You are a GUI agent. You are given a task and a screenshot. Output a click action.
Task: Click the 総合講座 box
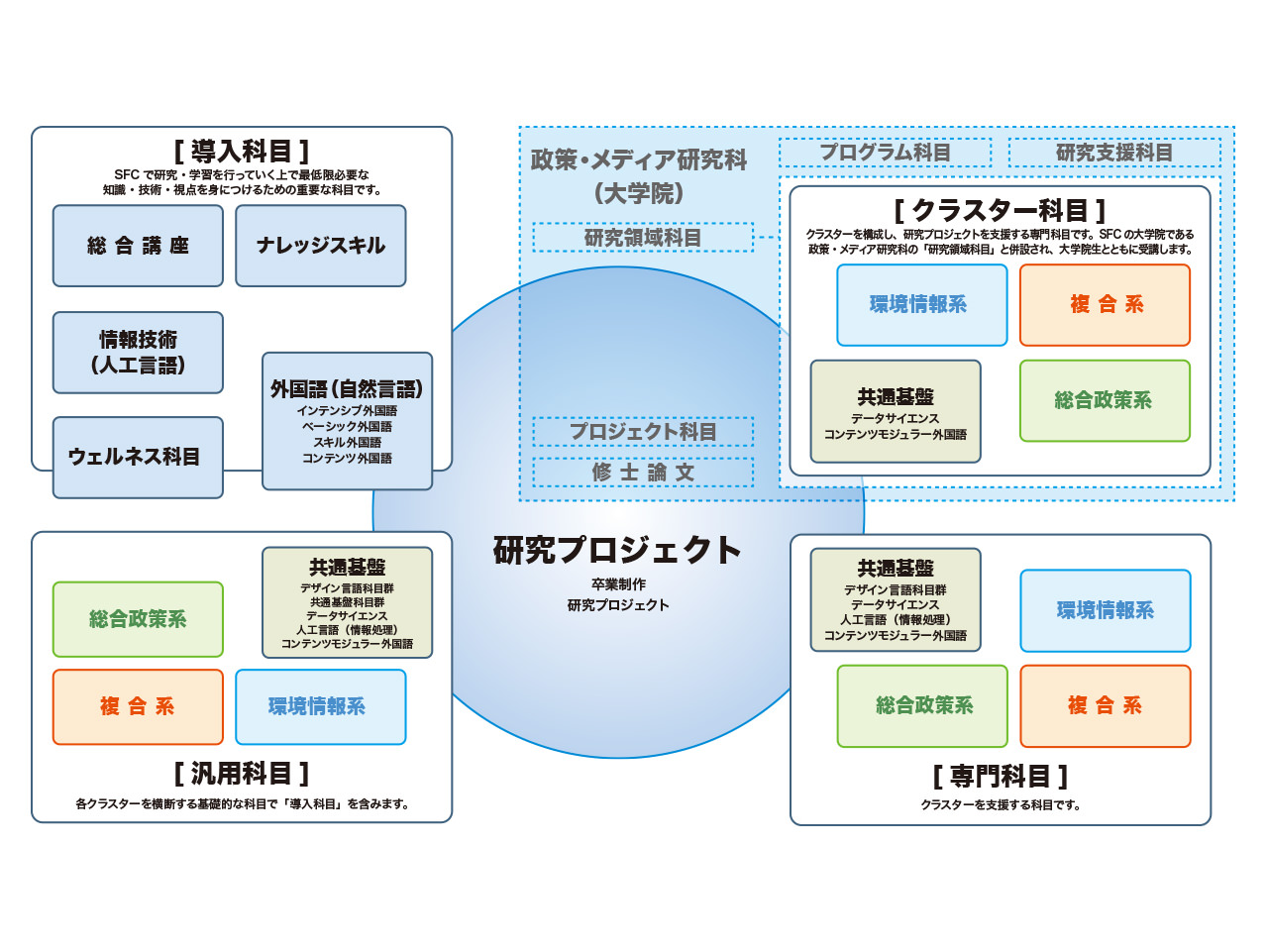click(138, 246)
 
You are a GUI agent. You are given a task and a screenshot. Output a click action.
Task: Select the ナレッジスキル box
click(321, 246)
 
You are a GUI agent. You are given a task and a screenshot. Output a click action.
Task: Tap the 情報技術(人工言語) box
click(138, 353)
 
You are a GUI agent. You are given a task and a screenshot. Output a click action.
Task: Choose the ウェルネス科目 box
click(138, 458)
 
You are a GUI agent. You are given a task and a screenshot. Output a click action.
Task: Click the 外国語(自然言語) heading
click(347, 388)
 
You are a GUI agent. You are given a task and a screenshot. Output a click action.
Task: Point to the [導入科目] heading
click(242, 152)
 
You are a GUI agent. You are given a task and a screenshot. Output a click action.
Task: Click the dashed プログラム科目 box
click(885, 153)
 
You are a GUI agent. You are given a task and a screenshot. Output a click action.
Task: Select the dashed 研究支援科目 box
click(1114, 153)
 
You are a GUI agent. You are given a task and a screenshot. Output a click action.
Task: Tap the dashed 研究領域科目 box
click(643, 238)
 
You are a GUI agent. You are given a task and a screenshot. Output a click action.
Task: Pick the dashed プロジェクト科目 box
click(643, 431)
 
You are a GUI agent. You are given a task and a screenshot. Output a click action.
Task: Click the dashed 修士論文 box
click(643, 473)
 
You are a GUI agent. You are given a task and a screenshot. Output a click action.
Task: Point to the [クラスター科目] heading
click(1000, 210)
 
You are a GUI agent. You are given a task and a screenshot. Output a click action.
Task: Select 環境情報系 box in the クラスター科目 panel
click(922, 305)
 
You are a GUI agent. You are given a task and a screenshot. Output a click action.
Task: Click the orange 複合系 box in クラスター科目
click(1106, 305)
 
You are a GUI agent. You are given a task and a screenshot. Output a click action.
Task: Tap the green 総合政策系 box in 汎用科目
click(138, 619)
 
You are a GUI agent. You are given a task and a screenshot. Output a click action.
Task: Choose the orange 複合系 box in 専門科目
click(1106, 705)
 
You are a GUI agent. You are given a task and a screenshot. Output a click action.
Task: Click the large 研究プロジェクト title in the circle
click(617, 550)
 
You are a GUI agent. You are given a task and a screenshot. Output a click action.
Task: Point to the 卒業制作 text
click(618, 584)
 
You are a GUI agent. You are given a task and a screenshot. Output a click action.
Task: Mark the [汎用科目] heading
click(242, 773)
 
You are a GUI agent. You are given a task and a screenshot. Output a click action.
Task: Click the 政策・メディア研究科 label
click(638, 159)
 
